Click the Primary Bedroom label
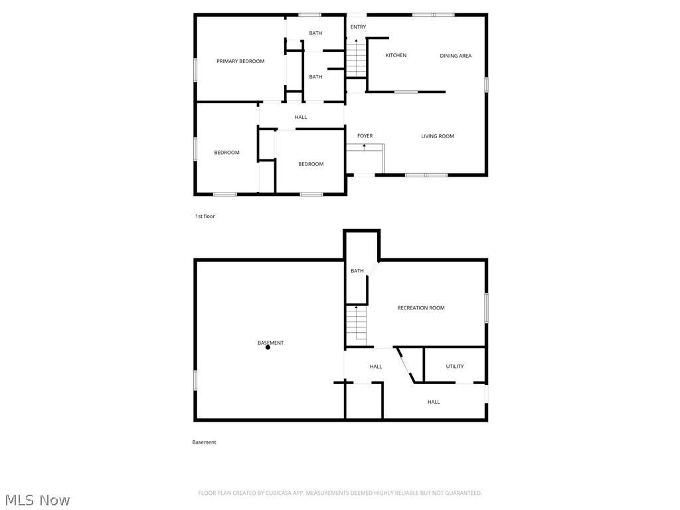[240, 61]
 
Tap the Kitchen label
[396, 55]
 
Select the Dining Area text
[456, 56]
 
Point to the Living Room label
[438, 136]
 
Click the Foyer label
[365, 136]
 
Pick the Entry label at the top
[358, 27]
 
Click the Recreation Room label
[421, 307]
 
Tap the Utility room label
[455, 366]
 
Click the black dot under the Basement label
[268, 347]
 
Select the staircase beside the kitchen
[357, 58]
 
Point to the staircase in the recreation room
[357, 325]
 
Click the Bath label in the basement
[357, 270]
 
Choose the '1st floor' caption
[205, 216]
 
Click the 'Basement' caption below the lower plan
[204, 442]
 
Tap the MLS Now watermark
[37, 499]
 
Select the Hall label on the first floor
[301, 118]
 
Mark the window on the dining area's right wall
[487, 85]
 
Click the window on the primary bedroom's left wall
[195, 70]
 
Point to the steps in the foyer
[365, 159]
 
